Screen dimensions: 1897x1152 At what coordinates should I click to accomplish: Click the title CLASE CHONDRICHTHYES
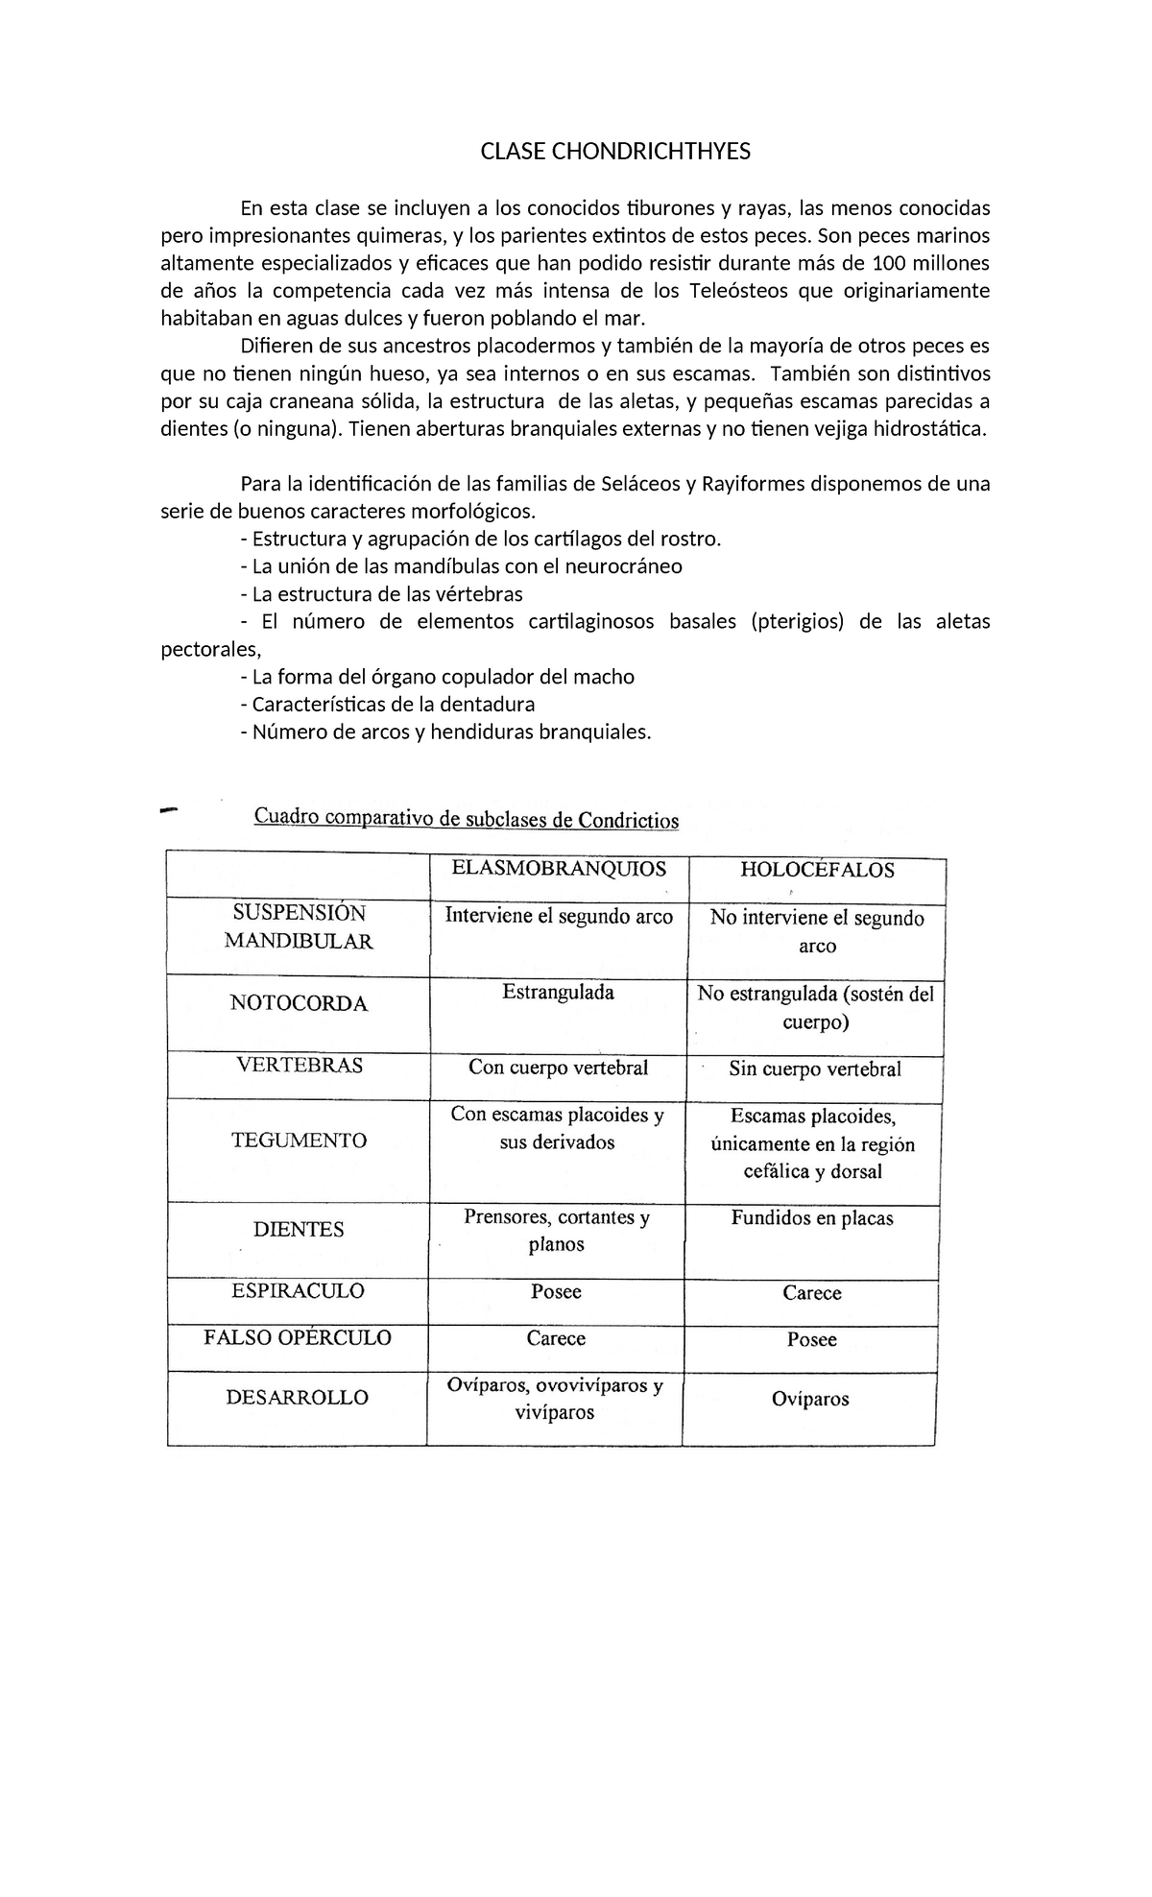tap(615, 152)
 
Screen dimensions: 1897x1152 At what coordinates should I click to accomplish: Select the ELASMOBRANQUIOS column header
tap(559, 869)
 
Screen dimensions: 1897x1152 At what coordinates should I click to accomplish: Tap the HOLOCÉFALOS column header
tap(817, 871)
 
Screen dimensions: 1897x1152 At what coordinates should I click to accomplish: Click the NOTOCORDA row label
tap(299, 1004)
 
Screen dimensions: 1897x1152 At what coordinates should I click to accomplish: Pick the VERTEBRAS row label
tap(299, 1066)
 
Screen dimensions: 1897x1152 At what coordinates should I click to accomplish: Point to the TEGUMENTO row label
tap(299, 1141)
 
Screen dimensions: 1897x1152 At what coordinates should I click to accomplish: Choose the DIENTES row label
tap(299, 1230)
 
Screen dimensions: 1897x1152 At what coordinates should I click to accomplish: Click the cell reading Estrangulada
tap(558, 993)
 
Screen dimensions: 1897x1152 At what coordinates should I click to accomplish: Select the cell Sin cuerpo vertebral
tap(814, 1069)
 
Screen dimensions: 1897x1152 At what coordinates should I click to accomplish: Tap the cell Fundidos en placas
tap(812, 1218)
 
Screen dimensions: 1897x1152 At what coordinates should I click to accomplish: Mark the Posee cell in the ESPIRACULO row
tap(556, 1292)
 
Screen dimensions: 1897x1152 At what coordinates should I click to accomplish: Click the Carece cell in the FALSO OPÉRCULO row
tap(556, 1338)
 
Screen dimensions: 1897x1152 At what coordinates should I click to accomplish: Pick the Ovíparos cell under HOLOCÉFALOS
tap(810, 1400)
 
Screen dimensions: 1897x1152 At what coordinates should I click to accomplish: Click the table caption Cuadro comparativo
tap(466, 819)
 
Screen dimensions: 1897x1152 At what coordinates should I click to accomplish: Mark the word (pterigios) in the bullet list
tap(797, 622)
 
